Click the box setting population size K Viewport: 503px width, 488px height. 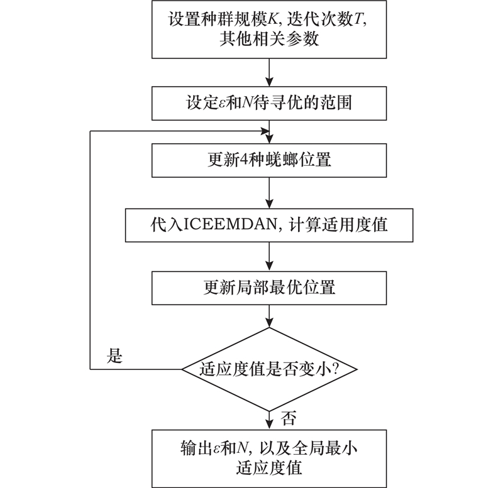(268, 28)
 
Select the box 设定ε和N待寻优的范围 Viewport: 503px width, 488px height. (268, 102)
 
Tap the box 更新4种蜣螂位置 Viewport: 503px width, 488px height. (268, 160)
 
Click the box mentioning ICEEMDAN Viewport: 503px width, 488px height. (268, 225)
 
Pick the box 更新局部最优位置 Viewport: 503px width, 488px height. (268, 288)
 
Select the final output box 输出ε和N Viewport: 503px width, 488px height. (268, 458)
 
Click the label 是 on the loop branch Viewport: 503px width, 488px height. (114, 357)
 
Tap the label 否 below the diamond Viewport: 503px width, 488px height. (289, 416)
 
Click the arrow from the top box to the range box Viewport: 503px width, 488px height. (268, 71)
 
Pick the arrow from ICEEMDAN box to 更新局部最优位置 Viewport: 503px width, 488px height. (268, 256)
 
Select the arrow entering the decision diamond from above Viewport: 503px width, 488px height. (268, 316)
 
